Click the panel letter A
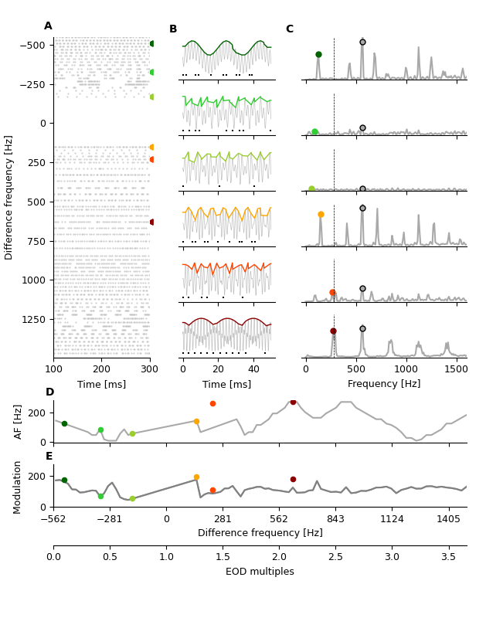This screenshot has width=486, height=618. click(x=48, y=26)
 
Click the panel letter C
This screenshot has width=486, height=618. click(x=289, y=29)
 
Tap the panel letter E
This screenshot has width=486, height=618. click(x=49, y=457)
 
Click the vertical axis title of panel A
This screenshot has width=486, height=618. click(x=9, y=197)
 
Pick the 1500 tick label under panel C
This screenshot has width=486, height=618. click(x=456, y=369)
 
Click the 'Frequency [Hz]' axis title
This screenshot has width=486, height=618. click(x=384, y=384)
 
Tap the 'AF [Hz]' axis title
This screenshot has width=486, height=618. click(x=19, y=421)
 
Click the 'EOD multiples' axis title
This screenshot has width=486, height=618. click(x=260, y=572)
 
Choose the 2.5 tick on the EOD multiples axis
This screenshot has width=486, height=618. click(x=335, y=556)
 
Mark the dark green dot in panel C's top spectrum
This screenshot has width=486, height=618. click(x=318, y=54)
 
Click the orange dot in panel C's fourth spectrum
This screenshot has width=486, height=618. click(x=321, y=214)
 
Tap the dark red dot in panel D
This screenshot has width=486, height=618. click(x=293, y=402)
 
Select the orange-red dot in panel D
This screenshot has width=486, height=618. click(x=212, y=403)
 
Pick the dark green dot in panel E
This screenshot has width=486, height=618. click(x=64, y=480)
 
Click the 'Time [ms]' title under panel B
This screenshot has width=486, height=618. click(x=226, y=384)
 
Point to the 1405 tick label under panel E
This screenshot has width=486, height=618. click(x=448, y=520)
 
